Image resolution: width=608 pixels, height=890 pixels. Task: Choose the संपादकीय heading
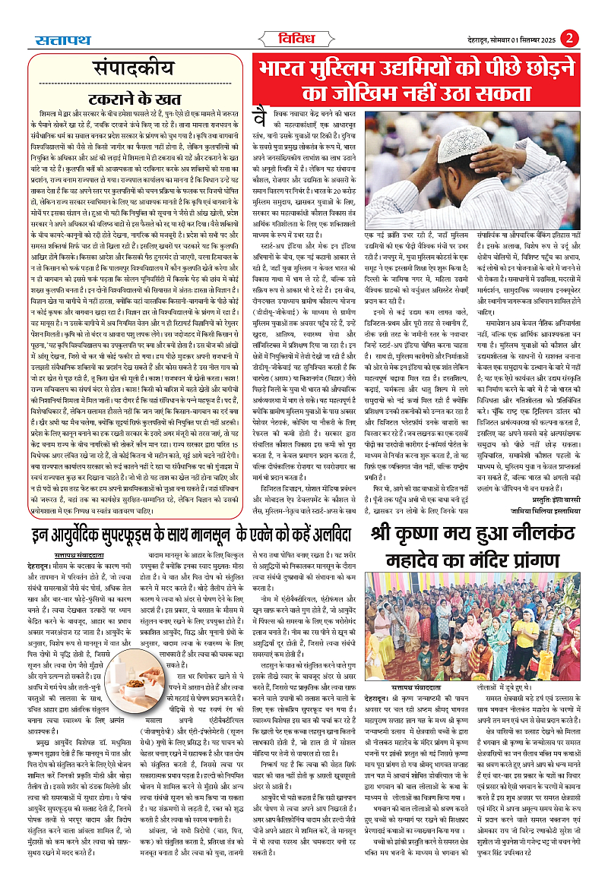coord(125,64)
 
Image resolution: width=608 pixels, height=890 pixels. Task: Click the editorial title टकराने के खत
coord(126,97)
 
